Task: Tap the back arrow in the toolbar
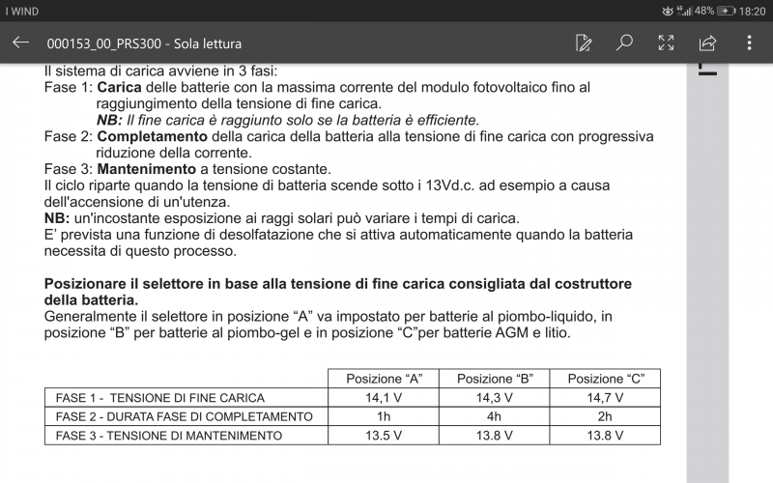(x=20, y=43)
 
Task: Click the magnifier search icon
(x=625, y=43)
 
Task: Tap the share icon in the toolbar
(x=707, y=43)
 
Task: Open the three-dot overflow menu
(x=749, y=43)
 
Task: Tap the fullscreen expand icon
(x=666, y=43)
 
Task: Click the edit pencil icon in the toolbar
(x=584, y=43)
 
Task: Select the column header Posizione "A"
(x=384, y=378)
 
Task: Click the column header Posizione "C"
(x=605, y=378)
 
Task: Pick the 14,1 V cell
(x=384, y=397)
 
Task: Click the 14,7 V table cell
(x=605, y=397)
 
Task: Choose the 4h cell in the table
(x=494, y=416)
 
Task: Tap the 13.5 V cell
(x=384, y=436)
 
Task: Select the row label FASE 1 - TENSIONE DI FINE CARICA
(x=160, y=397)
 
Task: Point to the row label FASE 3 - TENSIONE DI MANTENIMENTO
(x=169, y=436)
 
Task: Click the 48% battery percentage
(x=704, y=11)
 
